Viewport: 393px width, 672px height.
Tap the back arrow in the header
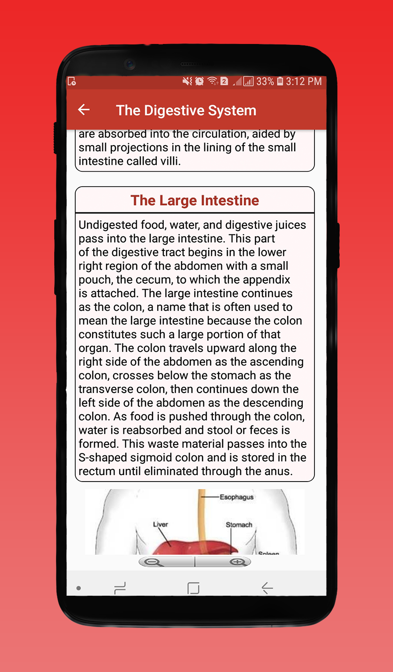pos(84,110)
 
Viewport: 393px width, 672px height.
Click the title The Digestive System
pos(186,110)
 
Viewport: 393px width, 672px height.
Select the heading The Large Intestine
pos(195,200)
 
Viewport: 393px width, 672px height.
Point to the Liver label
pos(160,524)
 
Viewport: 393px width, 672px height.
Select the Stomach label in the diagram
pos(239,525)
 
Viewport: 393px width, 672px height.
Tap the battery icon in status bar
pos(280,81)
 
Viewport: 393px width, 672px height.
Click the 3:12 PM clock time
pos(304,81)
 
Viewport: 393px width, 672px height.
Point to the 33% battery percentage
pos(265,81)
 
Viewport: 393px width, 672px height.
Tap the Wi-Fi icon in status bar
pos(212,81)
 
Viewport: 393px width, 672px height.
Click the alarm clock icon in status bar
pos(200,81)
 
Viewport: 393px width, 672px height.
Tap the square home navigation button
pos(193,588)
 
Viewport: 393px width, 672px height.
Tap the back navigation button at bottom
pos(267,588)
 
